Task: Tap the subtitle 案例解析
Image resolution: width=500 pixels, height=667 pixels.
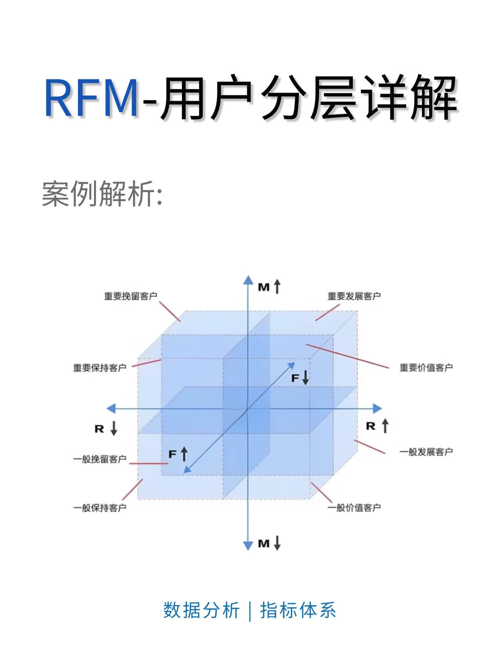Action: coord(102,194)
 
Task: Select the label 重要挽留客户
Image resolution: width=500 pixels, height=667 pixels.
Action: coord(131,296)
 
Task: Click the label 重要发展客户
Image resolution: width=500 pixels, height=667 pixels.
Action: coord(354,296)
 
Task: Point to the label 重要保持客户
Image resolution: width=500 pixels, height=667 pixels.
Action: coord(100,368)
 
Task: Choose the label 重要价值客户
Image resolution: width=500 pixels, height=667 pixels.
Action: coord(426,368)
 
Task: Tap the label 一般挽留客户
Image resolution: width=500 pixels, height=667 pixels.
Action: coord(100,459)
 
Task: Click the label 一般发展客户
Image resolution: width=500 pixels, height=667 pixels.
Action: coord(426,452)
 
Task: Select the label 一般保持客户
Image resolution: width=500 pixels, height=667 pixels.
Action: coord(100,508)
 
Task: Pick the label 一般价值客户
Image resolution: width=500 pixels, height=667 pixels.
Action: coord(354,508)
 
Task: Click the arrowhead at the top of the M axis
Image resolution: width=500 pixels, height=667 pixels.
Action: coord(249,280)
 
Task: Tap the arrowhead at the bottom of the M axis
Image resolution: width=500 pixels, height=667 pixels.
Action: coord(249,545)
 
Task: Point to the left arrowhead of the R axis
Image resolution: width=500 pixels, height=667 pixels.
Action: coord(111,409)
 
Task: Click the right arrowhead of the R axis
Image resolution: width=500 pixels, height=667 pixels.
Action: coord(377,409)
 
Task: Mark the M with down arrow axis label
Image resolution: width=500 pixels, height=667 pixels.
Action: coord(269,543)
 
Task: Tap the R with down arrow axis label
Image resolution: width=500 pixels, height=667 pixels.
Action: coord(106,428)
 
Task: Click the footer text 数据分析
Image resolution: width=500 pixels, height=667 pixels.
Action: coord(201,610)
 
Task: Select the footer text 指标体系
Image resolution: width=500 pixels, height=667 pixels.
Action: coord(298,610)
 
